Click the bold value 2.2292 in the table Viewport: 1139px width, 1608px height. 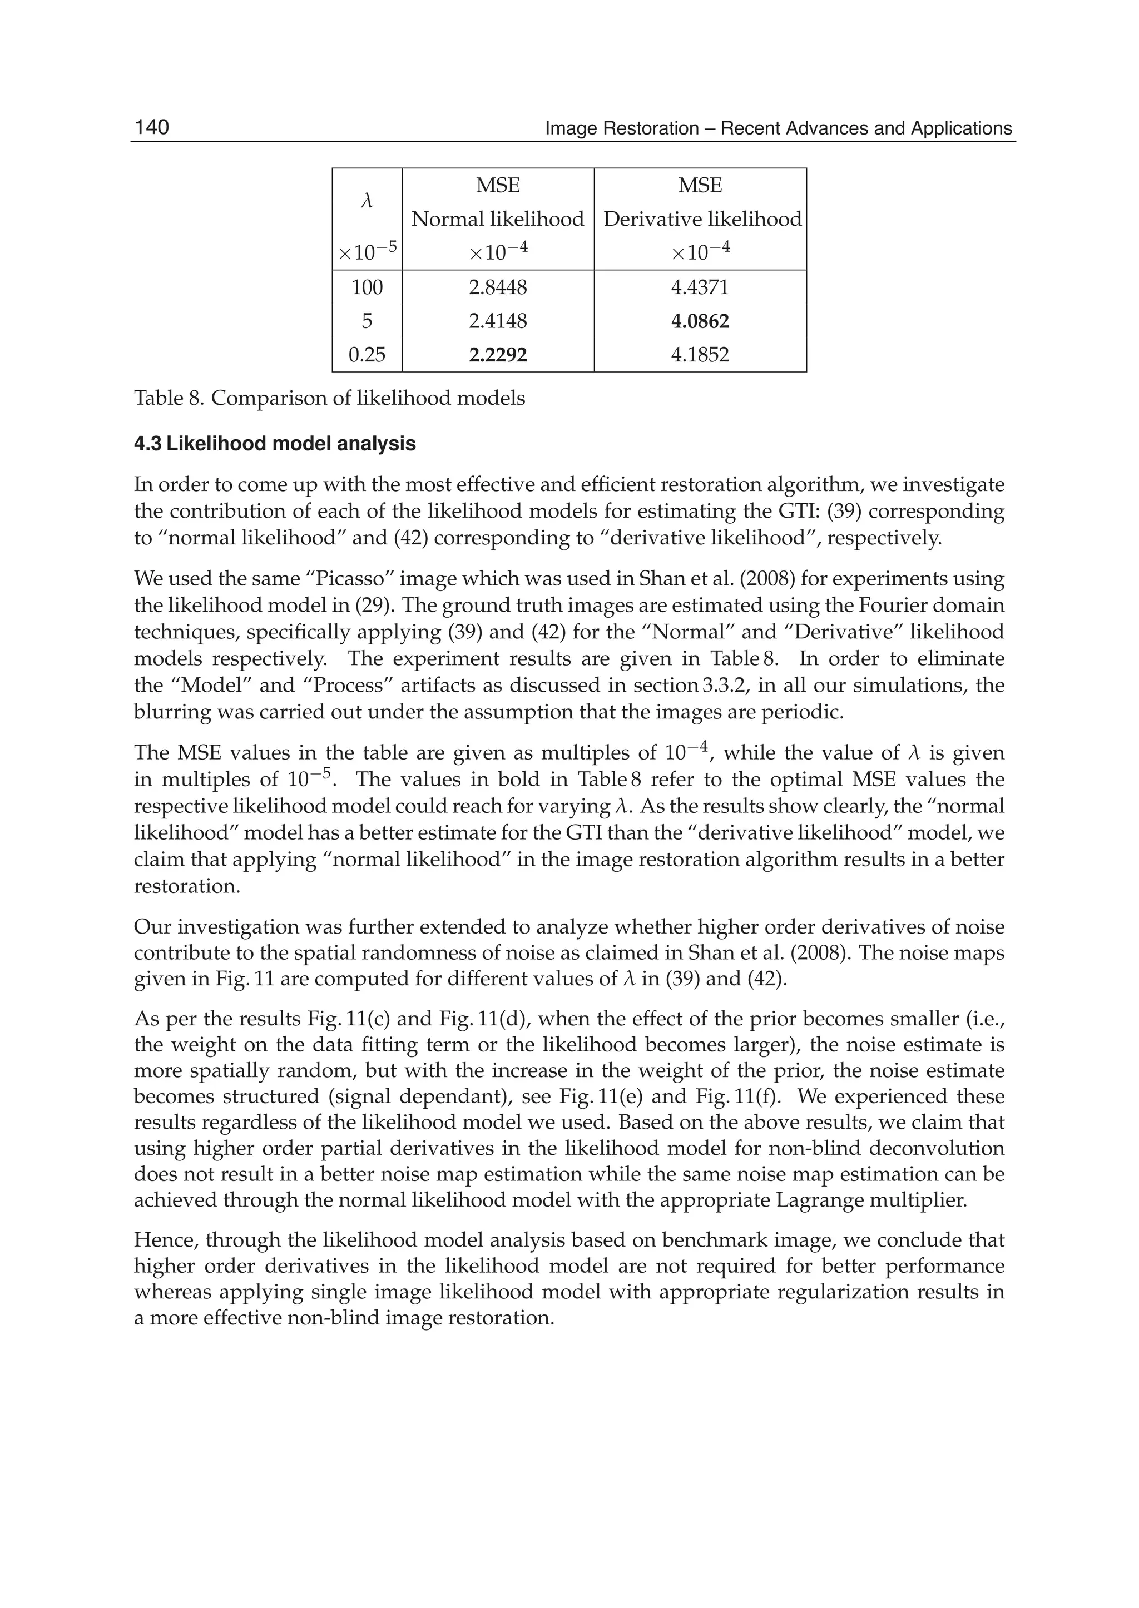point(497,355)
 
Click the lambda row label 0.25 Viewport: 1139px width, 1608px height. point(367,355)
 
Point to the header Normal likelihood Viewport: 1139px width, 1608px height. point(497,220)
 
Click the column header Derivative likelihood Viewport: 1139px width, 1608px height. point(702,220)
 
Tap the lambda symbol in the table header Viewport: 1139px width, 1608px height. point(366,202)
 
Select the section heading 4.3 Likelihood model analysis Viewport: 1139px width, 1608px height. point(274,444)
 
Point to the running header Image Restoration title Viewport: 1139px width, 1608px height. point(778,128)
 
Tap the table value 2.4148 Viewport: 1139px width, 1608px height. point(497,322)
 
